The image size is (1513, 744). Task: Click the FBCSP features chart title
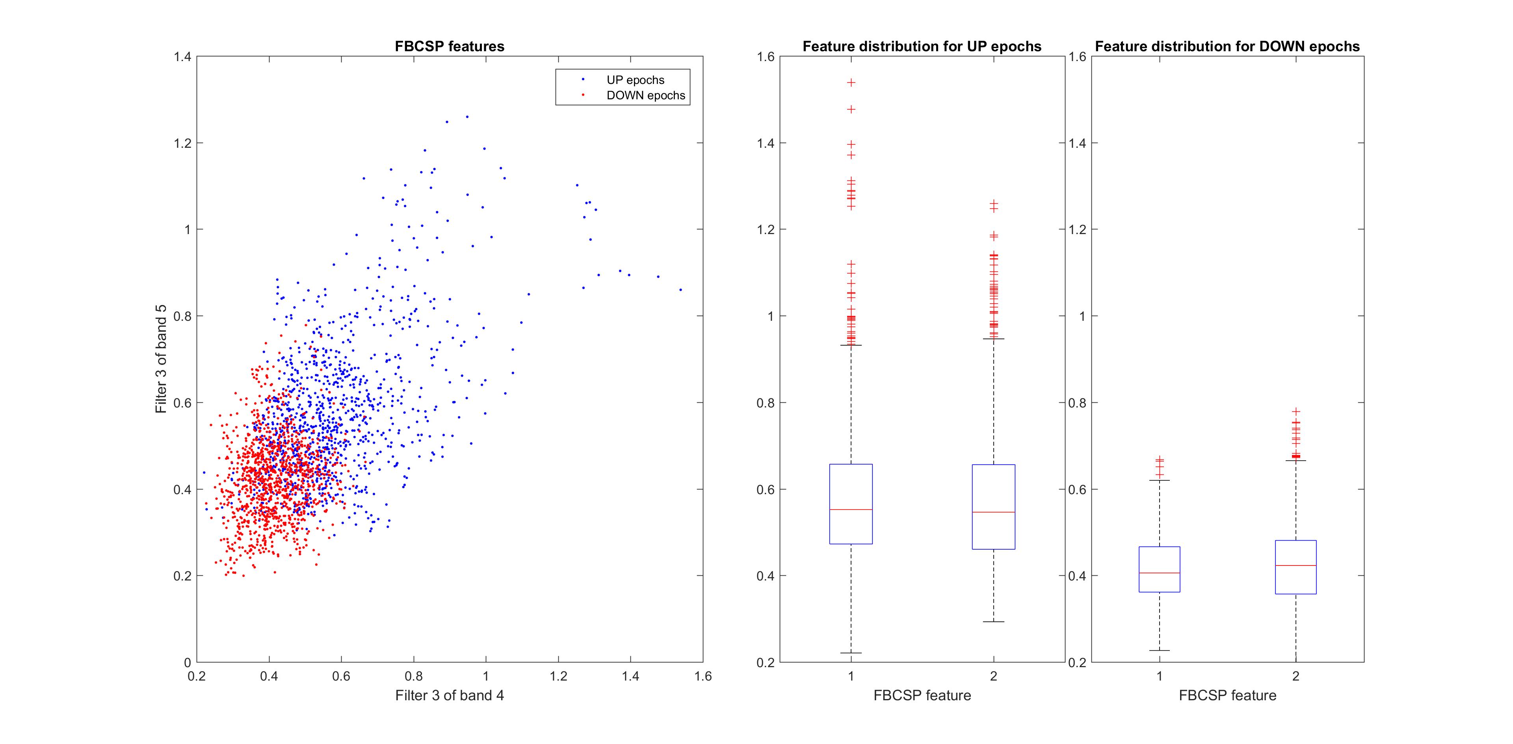(449, 46)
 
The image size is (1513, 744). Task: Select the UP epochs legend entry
(635, 80)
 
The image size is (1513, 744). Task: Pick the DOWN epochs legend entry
(645, 95)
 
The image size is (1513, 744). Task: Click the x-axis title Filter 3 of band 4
(449, 695)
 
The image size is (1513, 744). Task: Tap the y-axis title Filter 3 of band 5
(161, 359)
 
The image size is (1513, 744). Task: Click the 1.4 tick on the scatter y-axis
(182, 57)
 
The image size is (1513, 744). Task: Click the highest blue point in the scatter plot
(467, 117)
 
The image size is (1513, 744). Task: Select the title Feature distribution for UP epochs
(922, 46)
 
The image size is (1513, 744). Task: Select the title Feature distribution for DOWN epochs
(1227, 46)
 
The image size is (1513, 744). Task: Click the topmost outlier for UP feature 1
(851, 83)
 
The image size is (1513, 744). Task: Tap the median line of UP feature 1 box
(851, 510)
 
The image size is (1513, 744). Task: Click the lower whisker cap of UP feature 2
(993, 621)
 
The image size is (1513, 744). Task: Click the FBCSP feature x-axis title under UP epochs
(922, 695)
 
